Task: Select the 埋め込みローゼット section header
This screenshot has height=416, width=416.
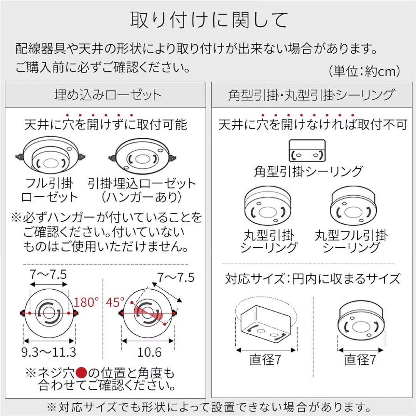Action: coord(107,95)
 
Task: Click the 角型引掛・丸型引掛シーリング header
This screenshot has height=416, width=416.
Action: coord(311,95)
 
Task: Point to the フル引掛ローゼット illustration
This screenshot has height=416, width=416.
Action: coord(49,157)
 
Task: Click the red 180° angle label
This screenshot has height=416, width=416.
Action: coord(86,302)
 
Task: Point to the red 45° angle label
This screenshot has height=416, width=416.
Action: coord(116,302)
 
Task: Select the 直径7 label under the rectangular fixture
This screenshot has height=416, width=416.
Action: coord(265,360)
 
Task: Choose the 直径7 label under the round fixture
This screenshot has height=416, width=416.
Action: coord(360,360)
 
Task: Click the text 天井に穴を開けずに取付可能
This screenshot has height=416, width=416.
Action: coord(106,124)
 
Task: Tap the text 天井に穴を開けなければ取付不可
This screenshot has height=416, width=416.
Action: coord(312,124)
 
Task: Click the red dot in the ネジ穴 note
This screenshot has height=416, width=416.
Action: coord(81,373)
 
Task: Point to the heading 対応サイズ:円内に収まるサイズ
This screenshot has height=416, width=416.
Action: coord(312,278)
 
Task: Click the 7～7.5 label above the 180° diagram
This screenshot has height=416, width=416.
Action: coord(49,275)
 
